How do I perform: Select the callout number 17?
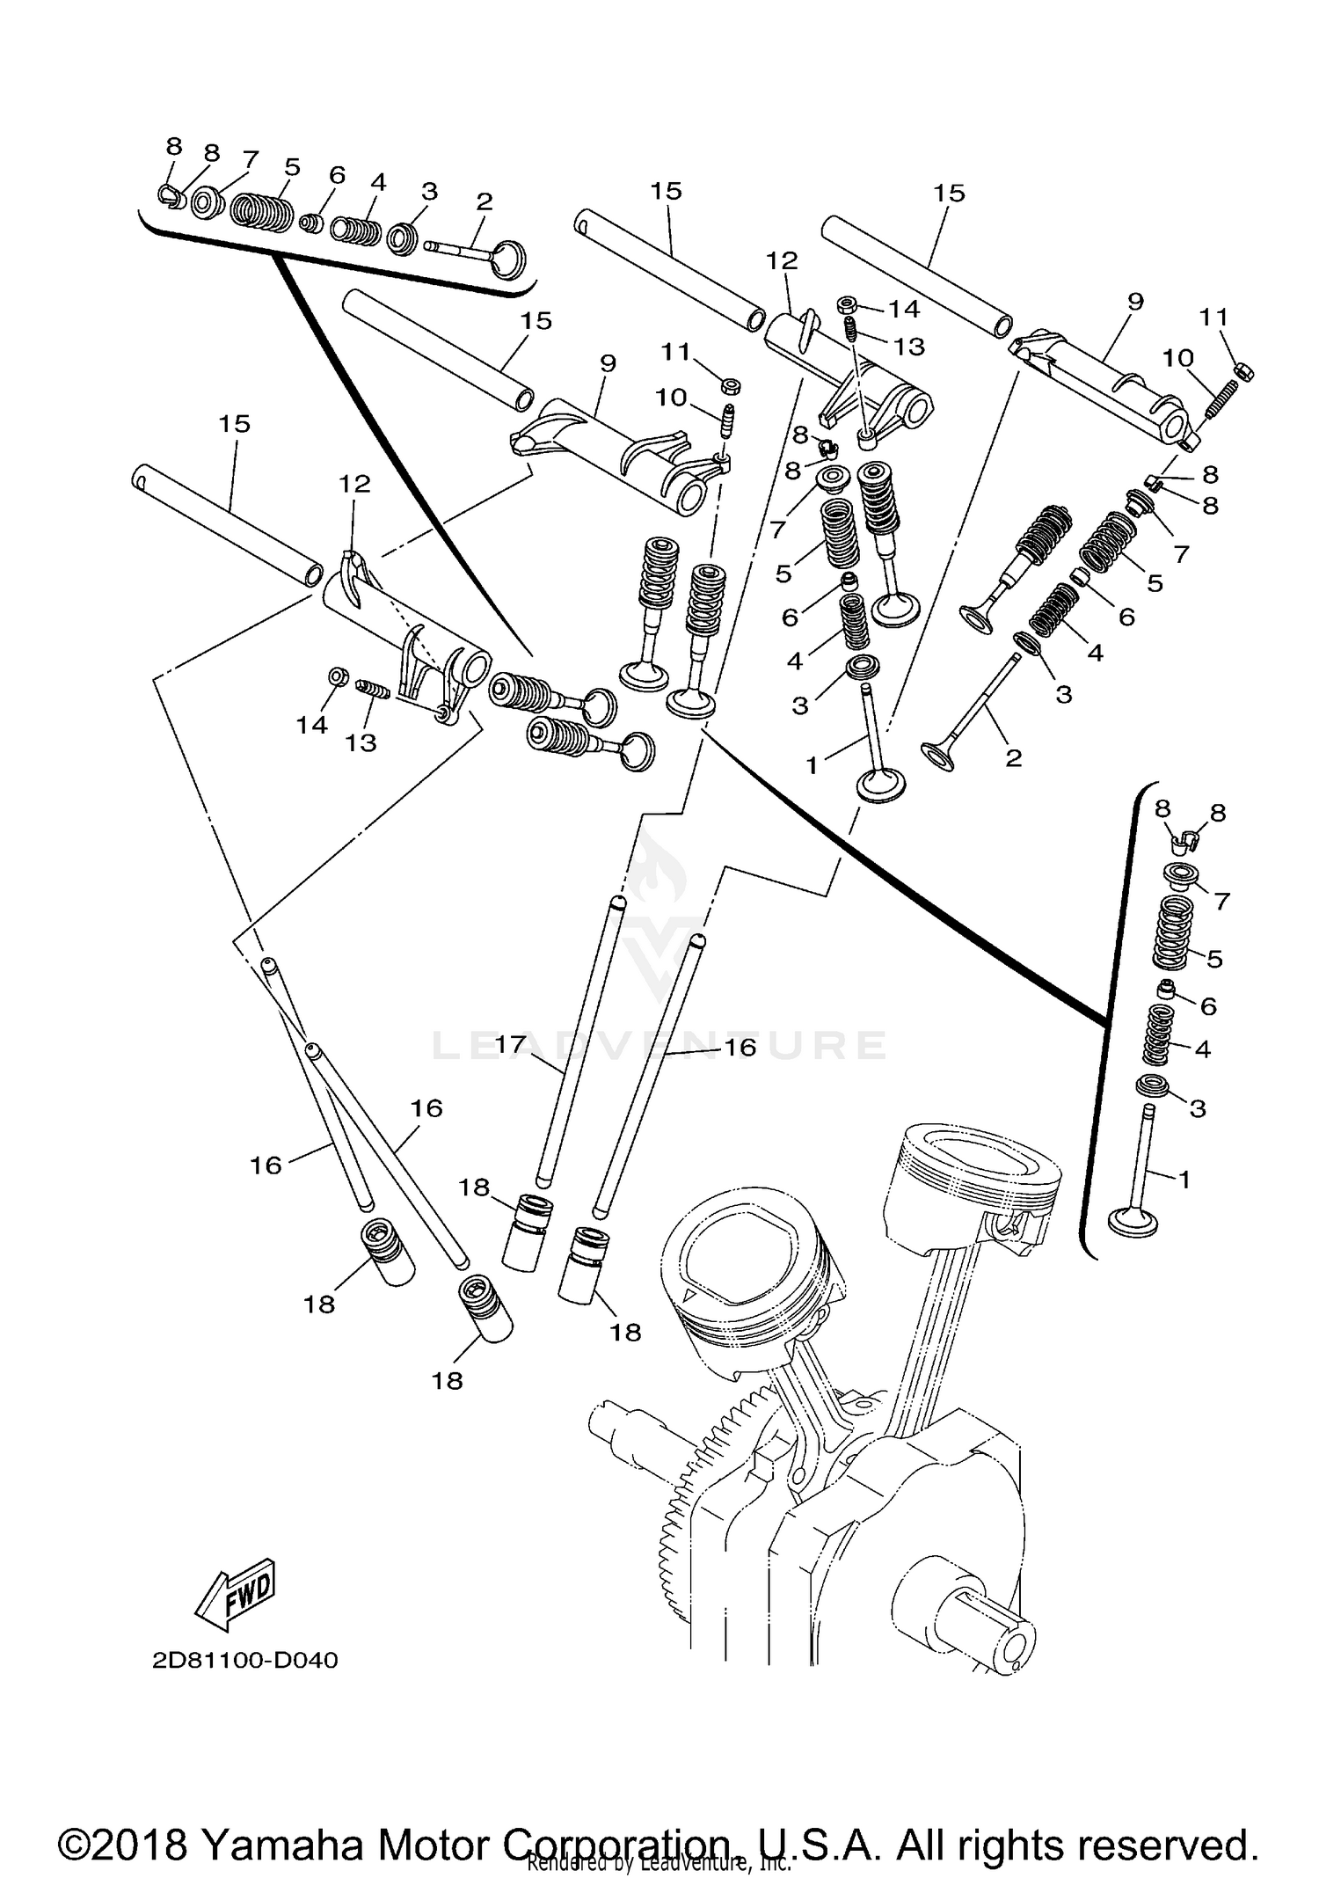click(510, 1045)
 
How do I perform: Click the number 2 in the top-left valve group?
click(485, 201)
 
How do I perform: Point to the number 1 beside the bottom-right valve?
click(1184, 1180)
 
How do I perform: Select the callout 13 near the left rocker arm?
click(361, 743)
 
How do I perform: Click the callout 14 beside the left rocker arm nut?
click(312, 725)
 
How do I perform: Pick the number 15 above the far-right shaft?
click(950, 193)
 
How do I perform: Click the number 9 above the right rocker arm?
click(1135, 302)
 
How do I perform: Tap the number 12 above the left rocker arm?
click(356, 484)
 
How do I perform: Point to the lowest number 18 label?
click(447, 1380)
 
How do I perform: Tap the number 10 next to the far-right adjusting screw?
click(1177, 359)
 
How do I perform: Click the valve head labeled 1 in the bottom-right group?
click(1134, 1221)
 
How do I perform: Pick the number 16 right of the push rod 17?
click(740, 1048)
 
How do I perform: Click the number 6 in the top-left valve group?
click(338, 175)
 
